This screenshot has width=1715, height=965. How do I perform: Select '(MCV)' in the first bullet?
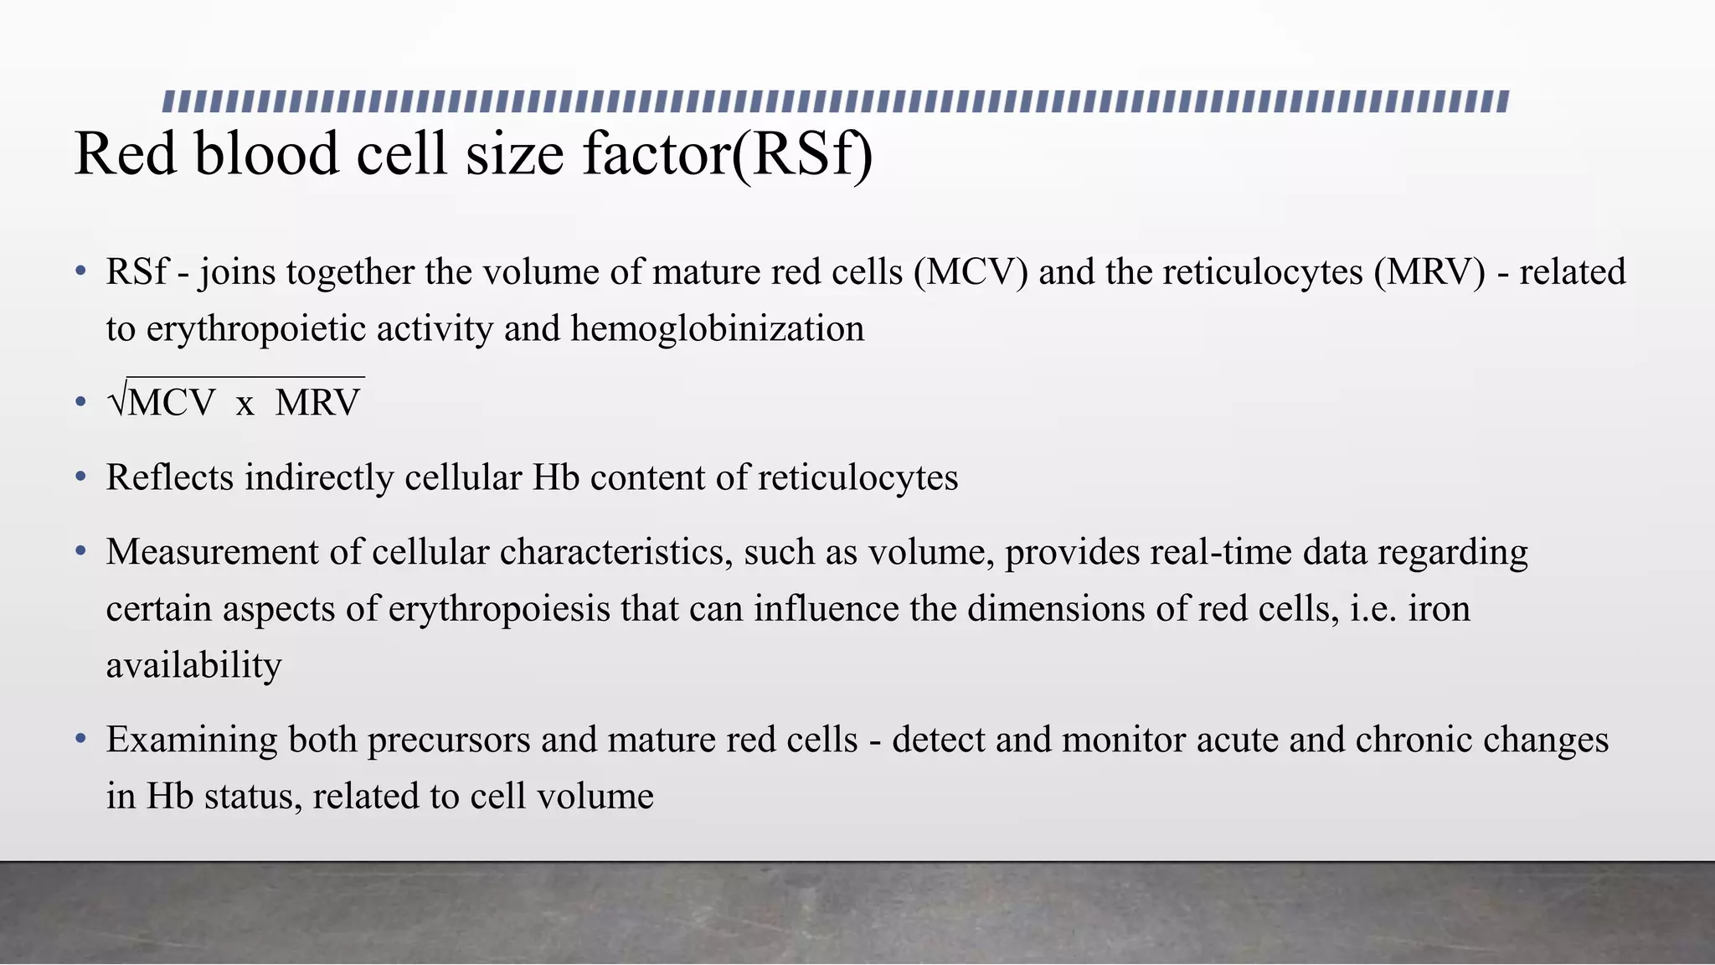971,272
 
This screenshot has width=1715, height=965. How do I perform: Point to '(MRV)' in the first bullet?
1429,272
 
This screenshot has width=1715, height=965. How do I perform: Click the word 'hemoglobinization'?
718,328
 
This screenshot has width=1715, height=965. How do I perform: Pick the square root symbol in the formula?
117,402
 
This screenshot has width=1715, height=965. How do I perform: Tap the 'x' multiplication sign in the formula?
245,404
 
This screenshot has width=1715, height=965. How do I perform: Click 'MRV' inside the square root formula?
317,403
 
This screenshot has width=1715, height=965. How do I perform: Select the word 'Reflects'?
170,477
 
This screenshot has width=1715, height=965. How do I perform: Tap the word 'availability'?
193,665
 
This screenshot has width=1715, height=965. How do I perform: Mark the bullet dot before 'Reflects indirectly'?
80,477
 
